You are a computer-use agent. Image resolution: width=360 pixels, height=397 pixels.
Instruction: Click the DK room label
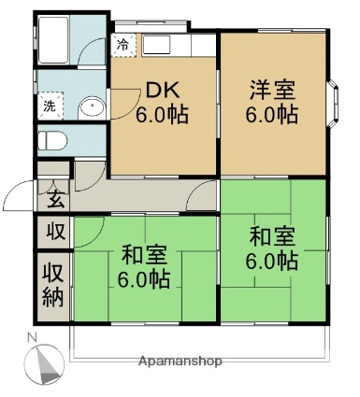point(163,90)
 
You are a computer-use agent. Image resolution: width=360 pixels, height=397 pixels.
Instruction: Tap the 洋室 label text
point(272,91)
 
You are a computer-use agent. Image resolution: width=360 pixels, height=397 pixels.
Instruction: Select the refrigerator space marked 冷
point(123,45)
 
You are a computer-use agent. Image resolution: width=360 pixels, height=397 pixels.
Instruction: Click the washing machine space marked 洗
point(50,106)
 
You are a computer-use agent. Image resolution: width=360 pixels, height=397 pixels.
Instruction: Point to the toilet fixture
point(52,140)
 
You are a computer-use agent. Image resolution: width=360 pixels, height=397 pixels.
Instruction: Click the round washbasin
point(92,107)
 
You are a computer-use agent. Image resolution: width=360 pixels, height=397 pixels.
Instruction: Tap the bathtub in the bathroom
point(53,40)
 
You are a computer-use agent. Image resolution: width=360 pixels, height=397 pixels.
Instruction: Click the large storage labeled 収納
point(53,286)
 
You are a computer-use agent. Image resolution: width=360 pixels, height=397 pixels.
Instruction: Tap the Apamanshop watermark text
point(180,362)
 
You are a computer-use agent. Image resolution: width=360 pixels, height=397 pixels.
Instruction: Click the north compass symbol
point(45,364)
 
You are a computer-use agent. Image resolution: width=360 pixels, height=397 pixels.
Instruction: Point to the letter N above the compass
point(32,337)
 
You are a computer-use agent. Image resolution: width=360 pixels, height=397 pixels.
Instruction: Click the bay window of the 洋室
point(333,104)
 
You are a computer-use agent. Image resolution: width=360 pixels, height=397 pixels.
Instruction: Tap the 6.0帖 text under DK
point(163,115)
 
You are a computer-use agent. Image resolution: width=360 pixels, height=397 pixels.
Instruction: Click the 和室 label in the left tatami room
point(144,255)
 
